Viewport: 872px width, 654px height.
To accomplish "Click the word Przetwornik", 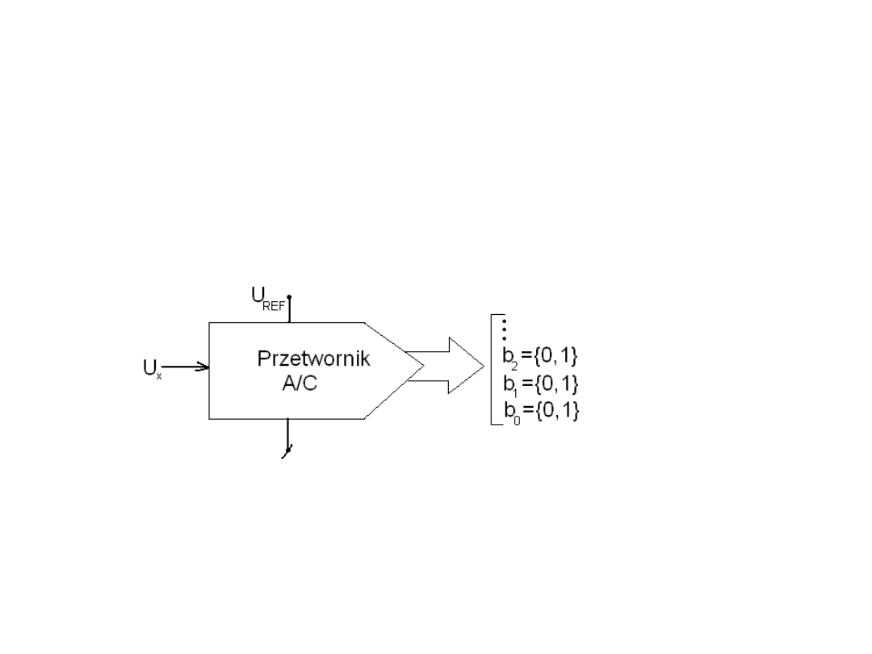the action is (313, 358).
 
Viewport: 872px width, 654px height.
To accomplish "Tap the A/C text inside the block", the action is (300, 384).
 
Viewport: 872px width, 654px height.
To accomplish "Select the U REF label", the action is (268, 299).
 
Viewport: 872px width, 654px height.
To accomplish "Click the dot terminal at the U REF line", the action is (289, 297).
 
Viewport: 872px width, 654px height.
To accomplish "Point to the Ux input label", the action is (152, 368).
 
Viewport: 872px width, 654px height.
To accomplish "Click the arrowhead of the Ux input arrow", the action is (203, 367).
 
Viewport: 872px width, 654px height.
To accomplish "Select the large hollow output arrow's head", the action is (466, 366).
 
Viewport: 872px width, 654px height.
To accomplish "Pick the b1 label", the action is (510, 385).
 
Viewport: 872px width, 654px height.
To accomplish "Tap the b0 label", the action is (512, 412).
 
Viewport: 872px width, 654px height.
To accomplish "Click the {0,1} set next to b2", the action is (555, 355).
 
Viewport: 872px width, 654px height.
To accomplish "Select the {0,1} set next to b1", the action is (556, 384).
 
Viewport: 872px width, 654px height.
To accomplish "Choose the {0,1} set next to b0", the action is (557, 410).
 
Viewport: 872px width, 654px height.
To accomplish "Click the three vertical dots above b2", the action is (505, 329).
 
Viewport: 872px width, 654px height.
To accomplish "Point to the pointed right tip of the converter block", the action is (424, 366).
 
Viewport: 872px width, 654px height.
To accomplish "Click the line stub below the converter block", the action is (287, 436).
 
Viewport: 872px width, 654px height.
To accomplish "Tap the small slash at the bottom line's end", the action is (287, 451).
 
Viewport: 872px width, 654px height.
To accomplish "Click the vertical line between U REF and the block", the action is (289, 310).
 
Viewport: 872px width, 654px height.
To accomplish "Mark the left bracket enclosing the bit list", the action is (492, 369).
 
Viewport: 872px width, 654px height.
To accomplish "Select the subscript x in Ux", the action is (158, 376).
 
